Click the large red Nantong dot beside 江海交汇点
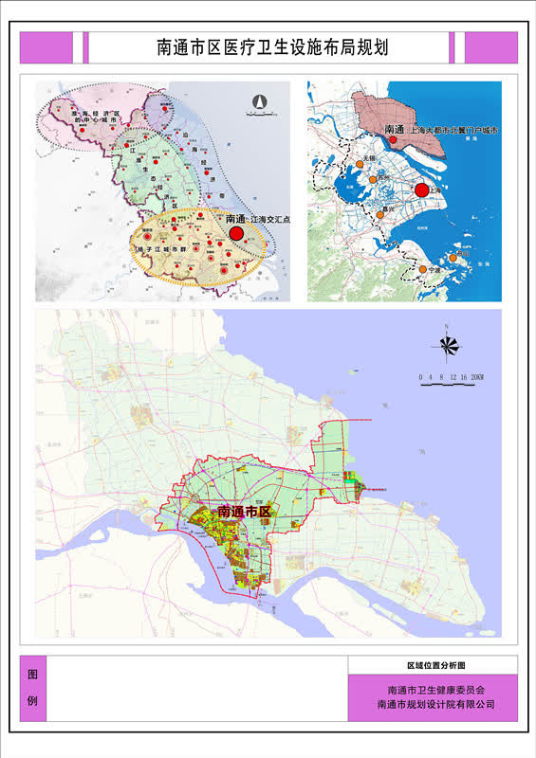coord(237,232)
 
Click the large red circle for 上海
coord(422,189)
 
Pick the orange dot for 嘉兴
coord(380,215)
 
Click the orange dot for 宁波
coord(423,270)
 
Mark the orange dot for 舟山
coord(453,257)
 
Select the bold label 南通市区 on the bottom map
coord(245,512)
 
